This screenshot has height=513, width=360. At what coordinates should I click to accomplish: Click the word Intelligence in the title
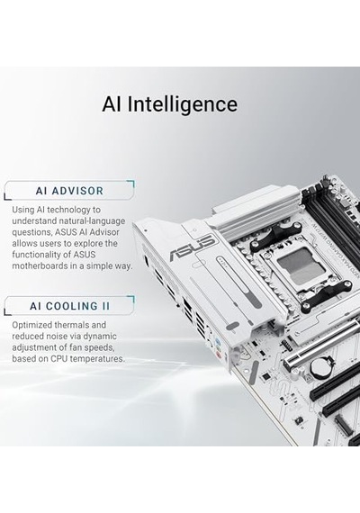point(182,105)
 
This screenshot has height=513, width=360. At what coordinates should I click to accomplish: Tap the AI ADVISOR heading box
point(69,190)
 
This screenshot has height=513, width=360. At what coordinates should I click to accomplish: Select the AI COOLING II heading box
point(69,306)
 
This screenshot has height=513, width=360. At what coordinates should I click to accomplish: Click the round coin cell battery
point(320,367)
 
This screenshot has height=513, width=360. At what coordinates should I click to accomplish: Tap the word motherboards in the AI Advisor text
point(40,265)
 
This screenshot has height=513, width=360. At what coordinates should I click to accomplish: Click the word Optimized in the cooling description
point(32,325)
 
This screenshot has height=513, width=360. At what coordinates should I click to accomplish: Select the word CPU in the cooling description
point(58,358)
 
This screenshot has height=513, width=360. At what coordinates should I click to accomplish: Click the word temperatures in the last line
point(97,359)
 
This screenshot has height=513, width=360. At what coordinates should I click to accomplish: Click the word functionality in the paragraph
point(40,255)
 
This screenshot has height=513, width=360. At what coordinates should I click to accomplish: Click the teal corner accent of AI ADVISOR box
point(130,184)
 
